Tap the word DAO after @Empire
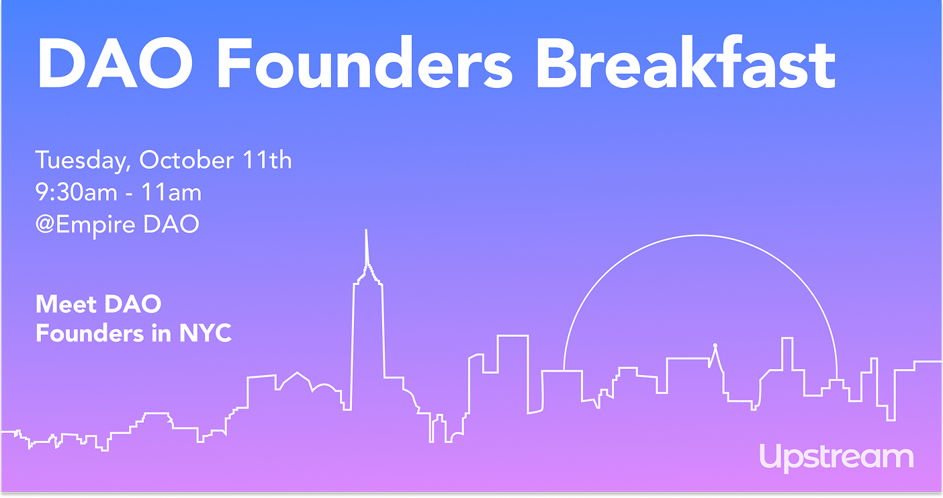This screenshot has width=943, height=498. (x=171, y=224)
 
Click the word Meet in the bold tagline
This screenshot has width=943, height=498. (x=64, y=304)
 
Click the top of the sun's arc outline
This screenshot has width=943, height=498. (x=701, y=235)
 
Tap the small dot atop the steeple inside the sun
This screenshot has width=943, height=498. (x=715, y=345)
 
